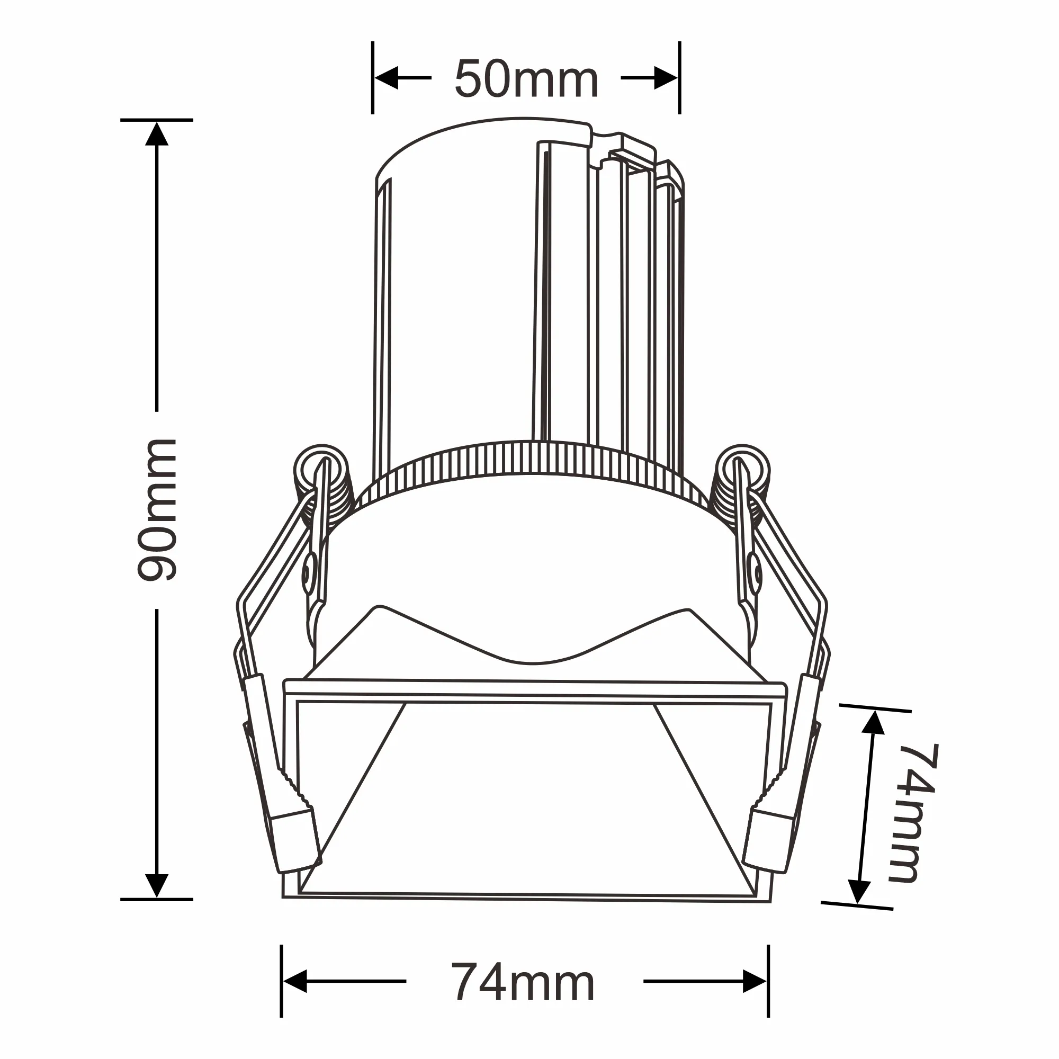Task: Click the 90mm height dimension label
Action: (157, 510)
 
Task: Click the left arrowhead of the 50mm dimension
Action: (386, 78)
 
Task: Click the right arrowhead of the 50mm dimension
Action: (666, 78)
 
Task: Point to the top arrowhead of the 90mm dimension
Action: (157, 134)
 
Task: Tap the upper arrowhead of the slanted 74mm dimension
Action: (873, 723)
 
